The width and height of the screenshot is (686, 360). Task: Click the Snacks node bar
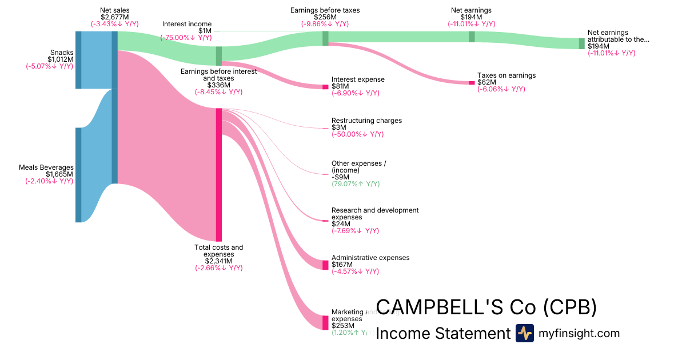pos(78,60)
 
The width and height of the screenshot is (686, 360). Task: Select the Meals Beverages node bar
pos(78,175)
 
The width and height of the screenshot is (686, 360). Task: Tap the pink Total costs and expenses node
pos(218,174)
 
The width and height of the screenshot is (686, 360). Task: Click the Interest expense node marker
pos(325,87)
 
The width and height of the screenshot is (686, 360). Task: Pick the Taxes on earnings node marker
pos(472,83)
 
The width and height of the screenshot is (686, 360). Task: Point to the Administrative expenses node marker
pos(325,265)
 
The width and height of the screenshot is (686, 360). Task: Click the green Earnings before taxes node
pos(325,38)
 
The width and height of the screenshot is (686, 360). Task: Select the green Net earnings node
pos(472,37)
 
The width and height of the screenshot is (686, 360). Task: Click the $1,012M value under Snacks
pos(60,59)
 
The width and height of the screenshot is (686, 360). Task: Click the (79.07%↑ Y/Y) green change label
pos(355,184)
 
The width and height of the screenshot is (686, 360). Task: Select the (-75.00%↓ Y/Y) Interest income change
pos(186,38)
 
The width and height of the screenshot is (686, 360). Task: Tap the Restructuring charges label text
pos(366,121)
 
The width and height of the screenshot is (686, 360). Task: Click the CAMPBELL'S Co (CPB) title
pos(486,307)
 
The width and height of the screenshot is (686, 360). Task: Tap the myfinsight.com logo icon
pos(524,333)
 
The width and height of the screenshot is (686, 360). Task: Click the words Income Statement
pos(442,333)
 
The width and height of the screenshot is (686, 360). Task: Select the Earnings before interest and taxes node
pos(218,56)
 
